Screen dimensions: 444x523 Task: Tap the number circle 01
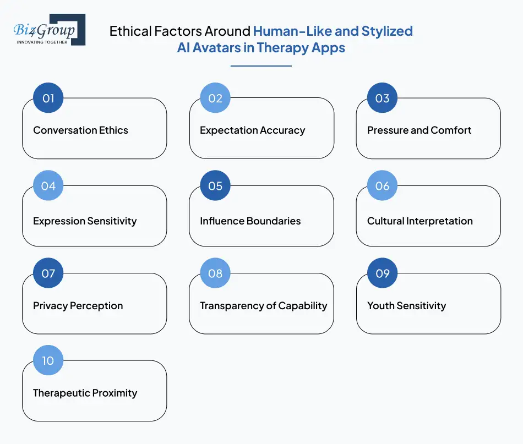[x=48, y=98]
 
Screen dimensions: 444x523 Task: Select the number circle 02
[x=215, y=98]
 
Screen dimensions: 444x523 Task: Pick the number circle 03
[x=382, y=98]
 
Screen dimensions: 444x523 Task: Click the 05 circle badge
[x=215, y=186]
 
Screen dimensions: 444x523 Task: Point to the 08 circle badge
[x=215, y=273]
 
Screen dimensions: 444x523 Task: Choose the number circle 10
[x=48, y=361]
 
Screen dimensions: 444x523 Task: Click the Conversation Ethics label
[x=80, y=130]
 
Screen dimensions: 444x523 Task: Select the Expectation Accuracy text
[x=252, y=130]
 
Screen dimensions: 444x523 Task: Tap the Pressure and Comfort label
[x=419, y=130]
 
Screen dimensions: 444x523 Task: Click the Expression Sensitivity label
[x=85, y=221]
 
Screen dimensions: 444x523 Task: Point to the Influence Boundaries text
[x=250, y=221]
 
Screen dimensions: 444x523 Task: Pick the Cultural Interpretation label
[x=420, y=221]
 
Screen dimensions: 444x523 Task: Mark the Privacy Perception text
[x=78, y=306]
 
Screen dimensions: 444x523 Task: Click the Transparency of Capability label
[x=263, y=306]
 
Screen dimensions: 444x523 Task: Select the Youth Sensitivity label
[x=406, y=306]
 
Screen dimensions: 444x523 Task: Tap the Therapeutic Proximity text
[x=85, y=393]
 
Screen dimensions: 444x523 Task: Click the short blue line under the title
[x=261, y=66]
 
